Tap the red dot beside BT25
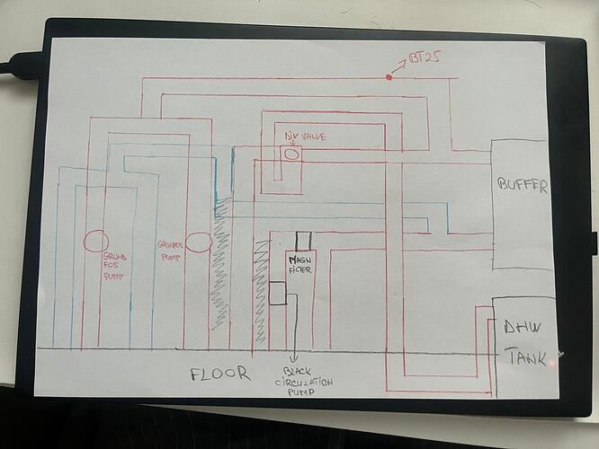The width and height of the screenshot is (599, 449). (389, 77)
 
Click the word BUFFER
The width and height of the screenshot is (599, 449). (521, 187)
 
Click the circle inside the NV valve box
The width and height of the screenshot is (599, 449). (292, 154)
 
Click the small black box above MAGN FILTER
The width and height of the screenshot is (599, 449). (303, 240)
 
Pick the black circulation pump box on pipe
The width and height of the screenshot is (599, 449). (277, 293)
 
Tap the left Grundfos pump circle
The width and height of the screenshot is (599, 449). (96, 241)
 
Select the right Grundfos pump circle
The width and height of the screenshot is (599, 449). (198, 242)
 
